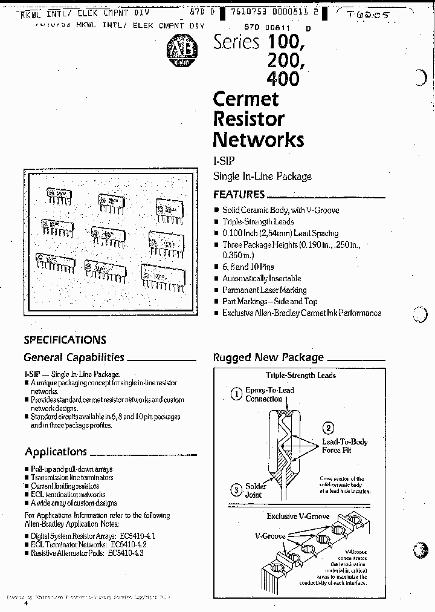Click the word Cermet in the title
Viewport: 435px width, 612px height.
pyautogui.click(x=245, y=99)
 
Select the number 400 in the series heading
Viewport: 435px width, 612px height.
pyautogui.click(x=282, y=79)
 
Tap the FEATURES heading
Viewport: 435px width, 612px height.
pyautogui.click(x=239, y=195)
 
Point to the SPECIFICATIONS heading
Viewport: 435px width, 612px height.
pyautogui.click(x=65, y=340)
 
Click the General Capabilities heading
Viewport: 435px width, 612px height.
pyautogui.click(x=74, y=357)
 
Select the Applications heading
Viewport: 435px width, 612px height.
pyautogui.click(x=56, y=452)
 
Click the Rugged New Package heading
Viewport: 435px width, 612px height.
pyautogui.click(x=268, y=357)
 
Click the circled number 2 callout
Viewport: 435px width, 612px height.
pyautogui.click(x=328, y=428)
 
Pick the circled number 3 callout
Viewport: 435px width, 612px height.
pyautogui.click(x=236, y=489)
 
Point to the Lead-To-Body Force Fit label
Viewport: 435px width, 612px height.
pyautogui.click(x=344, y=446)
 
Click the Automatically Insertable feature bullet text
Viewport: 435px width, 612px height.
pyautogui.click(x=261, y=279)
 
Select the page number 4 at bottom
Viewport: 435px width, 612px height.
pyautogui.click(x=25, y=604)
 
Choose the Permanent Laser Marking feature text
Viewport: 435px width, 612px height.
pyautogui.click(x=264, y=290)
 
